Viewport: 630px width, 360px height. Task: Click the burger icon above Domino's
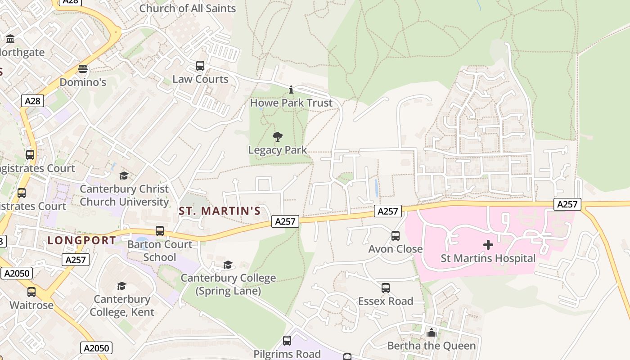coord(82,69)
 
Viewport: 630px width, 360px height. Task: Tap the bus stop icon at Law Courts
coord(200,66)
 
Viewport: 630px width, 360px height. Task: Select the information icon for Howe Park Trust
coord(291,90)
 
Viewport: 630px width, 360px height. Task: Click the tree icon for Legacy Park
coord(278,136)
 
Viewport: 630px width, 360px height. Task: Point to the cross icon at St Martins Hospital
coord(488,245)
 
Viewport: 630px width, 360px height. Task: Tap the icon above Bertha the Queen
coord(432,333)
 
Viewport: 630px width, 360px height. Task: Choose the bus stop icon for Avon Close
coord(396,235)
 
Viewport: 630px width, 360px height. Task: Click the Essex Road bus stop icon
coord(386,288)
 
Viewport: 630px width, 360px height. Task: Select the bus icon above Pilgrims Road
coord(287,341)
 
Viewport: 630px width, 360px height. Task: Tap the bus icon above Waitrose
coord(31,292)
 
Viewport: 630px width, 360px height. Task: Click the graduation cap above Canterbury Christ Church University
coord(124,175)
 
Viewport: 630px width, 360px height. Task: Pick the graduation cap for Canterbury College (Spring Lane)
coord(228,265)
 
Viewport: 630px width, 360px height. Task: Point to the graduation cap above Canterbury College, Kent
coord(121,286)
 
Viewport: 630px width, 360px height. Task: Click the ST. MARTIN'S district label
coord(220,211)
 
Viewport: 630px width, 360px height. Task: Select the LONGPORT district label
coord(82,240)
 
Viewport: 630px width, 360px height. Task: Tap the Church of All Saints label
coord(187,8)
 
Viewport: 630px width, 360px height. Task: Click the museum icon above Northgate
coord(10,39)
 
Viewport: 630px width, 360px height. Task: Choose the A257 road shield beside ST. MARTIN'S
coord(285,221)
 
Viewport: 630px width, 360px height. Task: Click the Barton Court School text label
coord(160,251)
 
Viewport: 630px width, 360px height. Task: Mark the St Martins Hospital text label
coord(488,258)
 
